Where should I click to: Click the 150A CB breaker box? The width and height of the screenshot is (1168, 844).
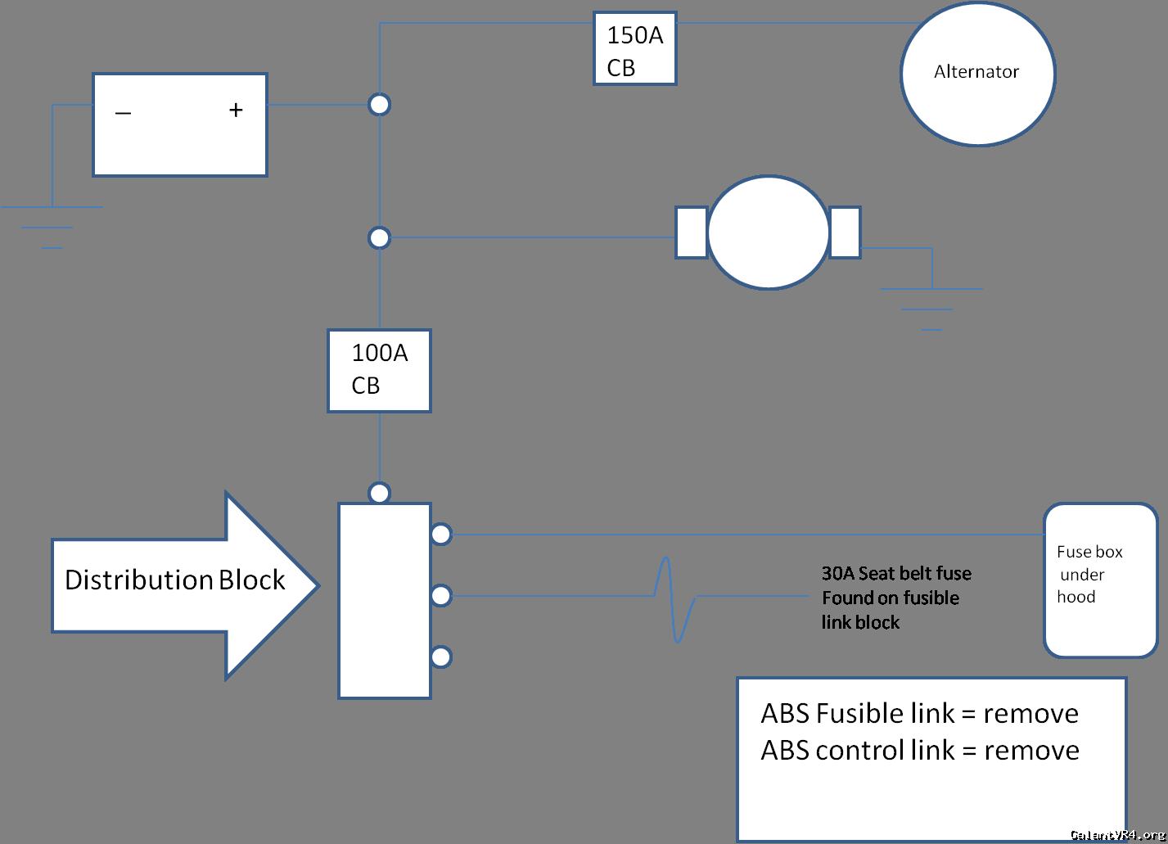[x=634, y=49]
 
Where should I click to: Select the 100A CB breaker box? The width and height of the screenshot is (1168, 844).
[x=379, y=370]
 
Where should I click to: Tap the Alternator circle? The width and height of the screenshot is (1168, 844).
[x=977, y=73]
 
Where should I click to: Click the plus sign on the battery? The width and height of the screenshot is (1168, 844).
[x=236, y=110]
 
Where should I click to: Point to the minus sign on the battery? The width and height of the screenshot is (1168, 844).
[x=123, y=113]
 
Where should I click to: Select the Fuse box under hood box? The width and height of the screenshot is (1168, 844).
[x=1099, y=580]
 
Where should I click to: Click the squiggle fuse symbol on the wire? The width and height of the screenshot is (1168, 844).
[x=675, y=598]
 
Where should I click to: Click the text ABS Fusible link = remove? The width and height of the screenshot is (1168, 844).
[x=919, y=714]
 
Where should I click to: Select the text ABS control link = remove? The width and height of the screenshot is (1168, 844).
[x=919, y=750]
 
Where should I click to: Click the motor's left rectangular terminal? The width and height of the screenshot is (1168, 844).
[x=692, y=232]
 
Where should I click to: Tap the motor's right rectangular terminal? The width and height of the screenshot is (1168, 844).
[x=845, y=232]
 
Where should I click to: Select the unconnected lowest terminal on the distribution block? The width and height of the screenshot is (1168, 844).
[x=440, y=657]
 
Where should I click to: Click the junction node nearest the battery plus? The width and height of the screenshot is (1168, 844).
[x=379, y=105]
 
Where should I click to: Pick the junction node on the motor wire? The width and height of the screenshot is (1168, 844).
[x=379, y=238]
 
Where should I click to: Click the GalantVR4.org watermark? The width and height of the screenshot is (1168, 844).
[x=1116, y=834]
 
